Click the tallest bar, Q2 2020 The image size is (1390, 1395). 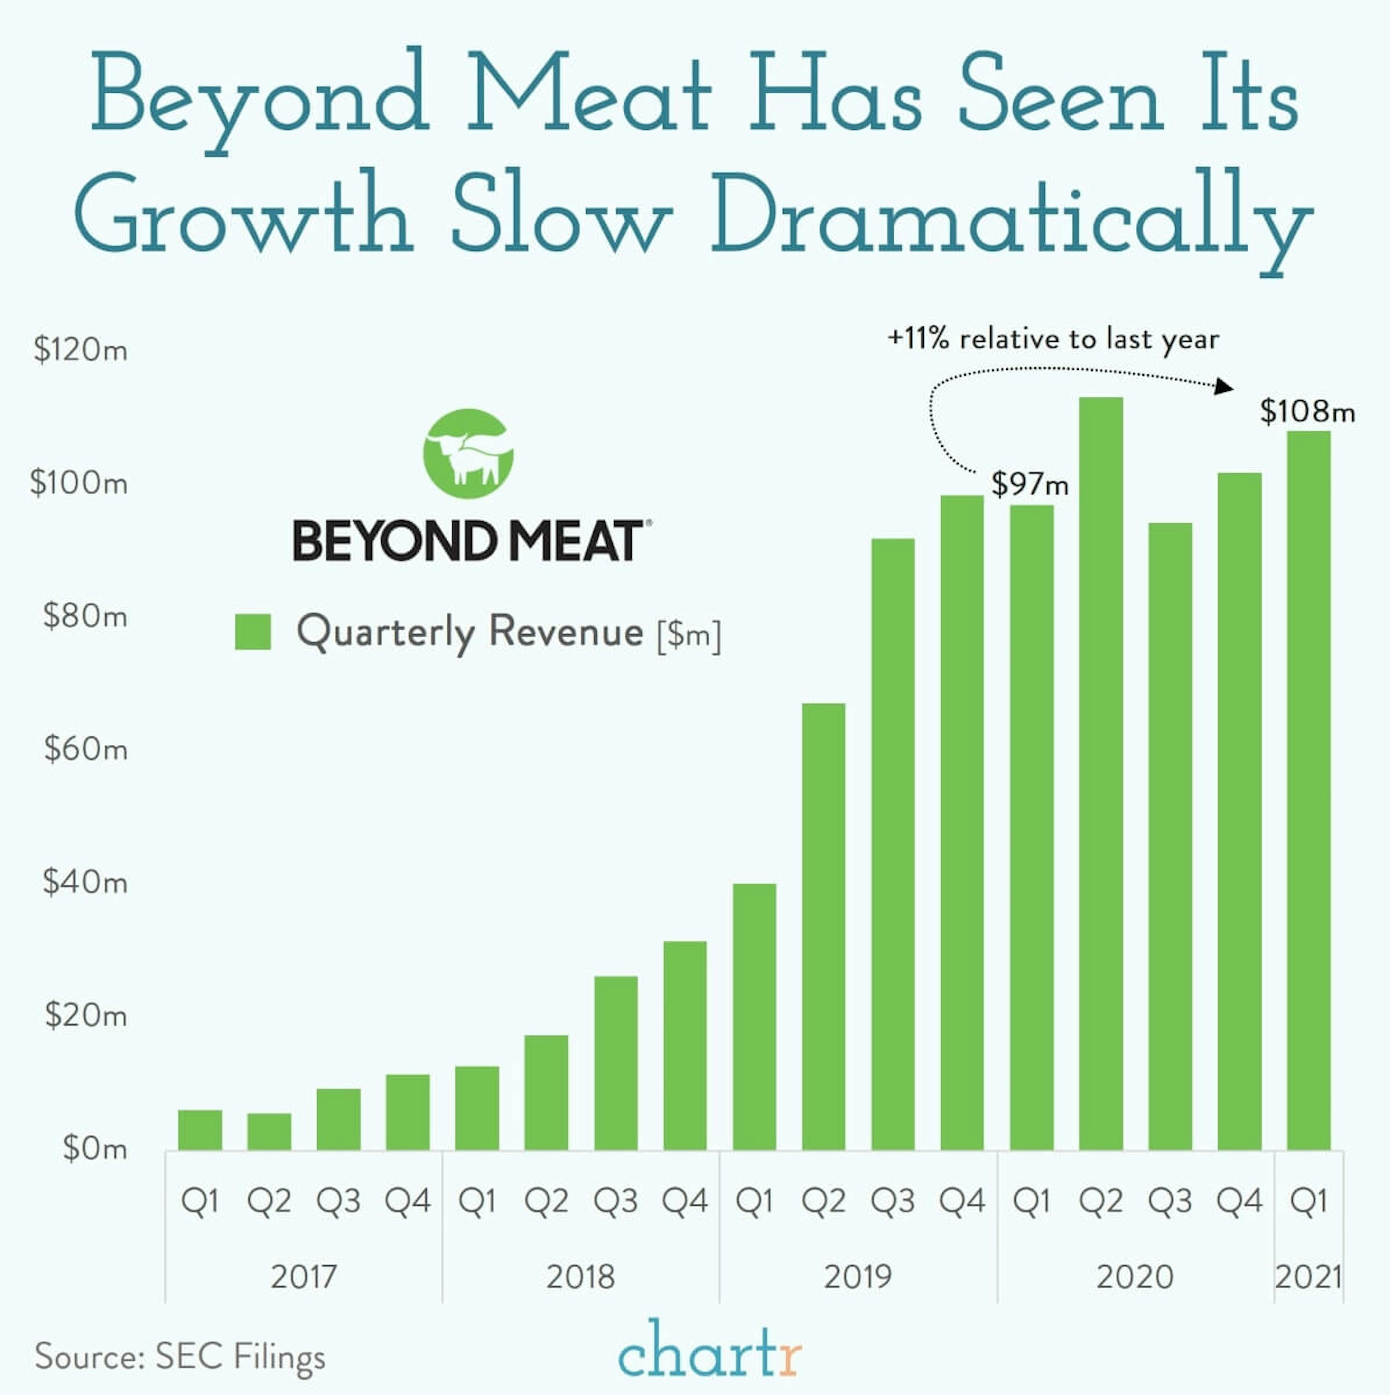click(x=1100, y=773)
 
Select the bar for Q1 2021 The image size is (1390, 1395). click(x=1309, y=791)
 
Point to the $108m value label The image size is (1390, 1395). click(x=1307, y=412)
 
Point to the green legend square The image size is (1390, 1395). click(x=253, y=632)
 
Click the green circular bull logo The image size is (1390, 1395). click(x=468, y=453)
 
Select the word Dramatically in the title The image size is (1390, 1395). click(x=1011, y=217)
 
